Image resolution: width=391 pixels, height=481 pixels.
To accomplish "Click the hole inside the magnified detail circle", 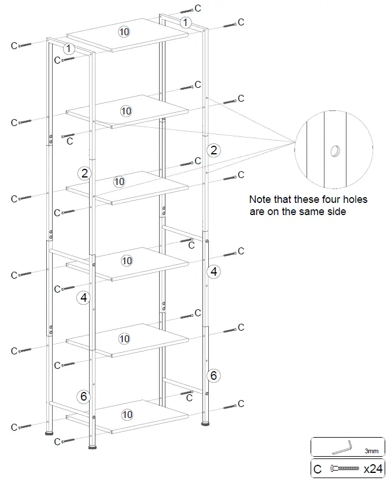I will pos(335,151).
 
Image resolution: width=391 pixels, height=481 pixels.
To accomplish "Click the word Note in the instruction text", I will pos(259,199).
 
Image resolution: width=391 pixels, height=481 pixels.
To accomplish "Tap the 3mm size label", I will pos(371,450).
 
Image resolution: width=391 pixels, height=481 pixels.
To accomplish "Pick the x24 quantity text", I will pos(373,469).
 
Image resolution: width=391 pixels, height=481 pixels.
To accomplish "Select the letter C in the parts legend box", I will pos(317,469).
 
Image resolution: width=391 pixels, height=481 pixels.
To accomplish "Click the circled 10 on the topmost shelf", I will pos(124,31).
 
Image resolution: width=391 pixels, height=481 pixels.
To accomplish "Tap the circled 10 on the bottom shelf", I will pos(127,415).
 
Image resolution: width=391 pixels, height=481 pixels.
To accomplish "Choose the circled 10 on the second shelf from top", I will pos(126,110).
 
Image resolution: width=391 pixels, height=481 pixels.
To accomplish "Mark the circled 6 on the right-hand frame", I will pos(213,375).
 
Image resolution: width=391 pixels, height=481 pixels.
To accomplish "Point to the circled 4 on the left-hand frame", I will pos(84,298).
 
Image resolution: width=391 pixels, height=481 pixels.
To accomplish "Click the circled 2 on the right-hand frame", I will pos(214,151).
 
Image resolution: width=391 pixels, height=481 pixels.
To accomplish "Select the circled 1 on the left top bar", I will pos(69,49).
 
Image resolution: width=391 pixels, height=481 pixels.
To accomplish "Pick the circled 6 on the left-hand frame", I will pos(84,396).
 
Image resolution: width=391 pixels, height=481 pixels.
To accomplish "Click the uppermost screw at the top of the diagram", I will pos(186,10).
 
